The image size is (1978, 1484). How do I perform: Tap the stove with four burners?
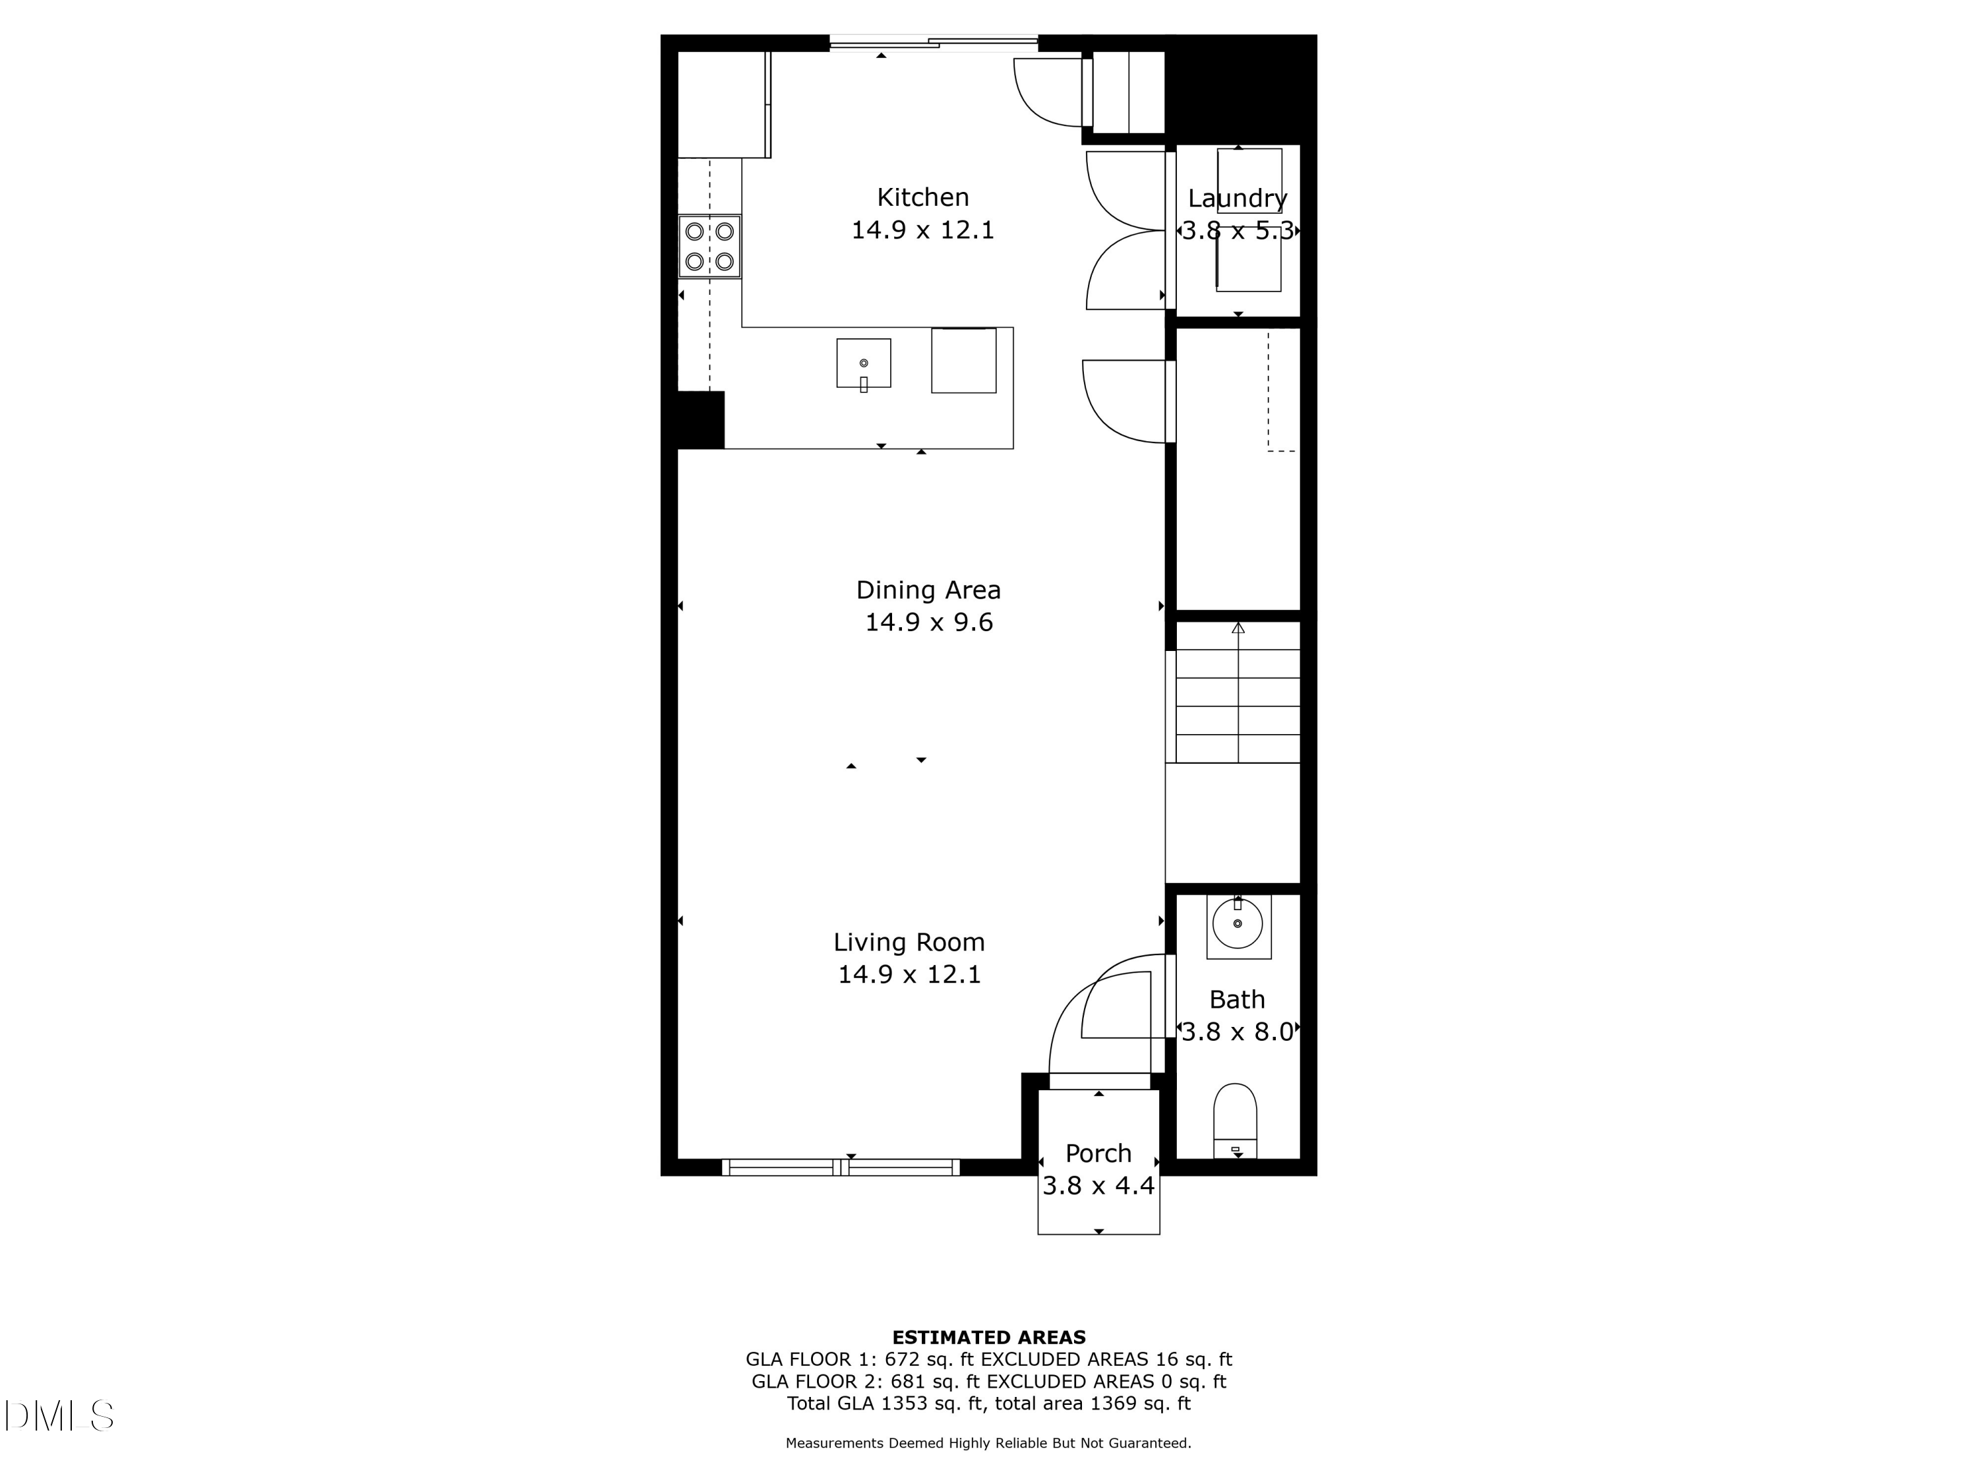pyautogui.click(x=709, y=246)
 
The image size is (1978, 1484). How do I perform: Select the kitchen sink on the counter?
pyautogui.click(x=863, y=363)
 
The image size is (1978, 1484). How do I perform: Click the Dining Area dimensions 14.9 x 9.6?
pyautogui.click(x=928, y=623)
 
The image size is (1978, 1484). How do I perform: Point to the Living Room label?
pyautogui.click(x=909, y=942)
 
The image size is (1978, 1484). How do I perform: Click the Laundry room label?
pyautogui.click(x=1237, y=199)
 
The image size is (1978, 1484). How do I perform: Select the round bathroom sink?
pyautogui.click(x=1238, y=924)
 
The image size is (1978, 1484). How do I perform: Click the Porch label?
pyautogui.click(x=1098, y=1153)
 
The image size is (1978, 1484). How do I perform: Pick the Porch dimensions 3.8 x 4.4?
pyautogui.click(x=1098, y=1186)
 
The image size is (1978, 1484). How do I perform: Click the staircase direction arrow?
pyautogui.click(x=1238, y=629)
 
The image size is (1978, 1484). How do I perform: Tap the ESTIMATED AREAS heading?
pyautogui.click(x=988, y=1338)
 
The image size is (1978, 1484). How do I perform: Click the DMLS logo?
pyautogui.click(x=59, y=1416)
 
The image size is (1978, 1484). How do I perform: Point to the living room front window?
pyautogui.click(x=841, y=1167)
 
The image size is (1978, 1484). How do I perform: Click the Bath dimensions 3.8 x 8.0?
pyautogui.click(x=1237, y=1032)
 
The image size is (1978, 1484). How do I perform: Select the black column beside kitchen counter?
pyautogui.click(x=700, y=419)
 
